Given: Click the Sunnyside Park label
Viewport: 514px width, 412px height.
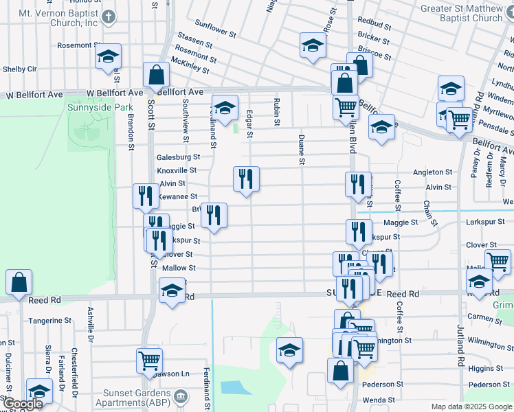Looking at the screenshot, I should (90, 108).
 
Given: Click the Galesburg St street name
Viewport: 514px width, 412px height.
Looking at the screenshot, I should (177, 157).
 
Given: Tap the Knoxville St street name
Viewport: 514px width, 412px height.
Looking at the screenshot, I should (177, 170).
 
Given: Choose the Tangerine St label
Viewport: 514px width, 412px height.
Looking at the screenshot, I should (49, 321).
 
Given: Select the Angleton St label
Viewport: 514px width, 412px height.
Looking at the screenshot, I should (432, 172).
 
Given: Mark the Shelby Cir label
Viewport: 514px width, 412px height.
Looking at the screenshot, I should (20, 69).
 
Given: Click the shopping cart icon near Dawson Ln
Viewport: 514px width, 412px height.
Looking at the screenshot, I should (149, 360).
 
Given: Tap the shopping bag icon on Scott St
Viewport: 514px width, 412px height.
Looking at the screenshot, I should (157, 76).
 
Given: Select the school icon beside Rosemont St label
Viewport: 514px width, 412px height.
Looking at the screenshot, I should (108, 57).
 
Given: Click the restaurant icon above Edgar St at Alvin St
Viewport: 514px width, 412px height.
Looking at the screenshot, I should (246, 180).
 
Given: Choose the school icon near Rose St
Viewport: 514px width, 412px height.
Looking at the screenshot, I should (312, 47).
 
